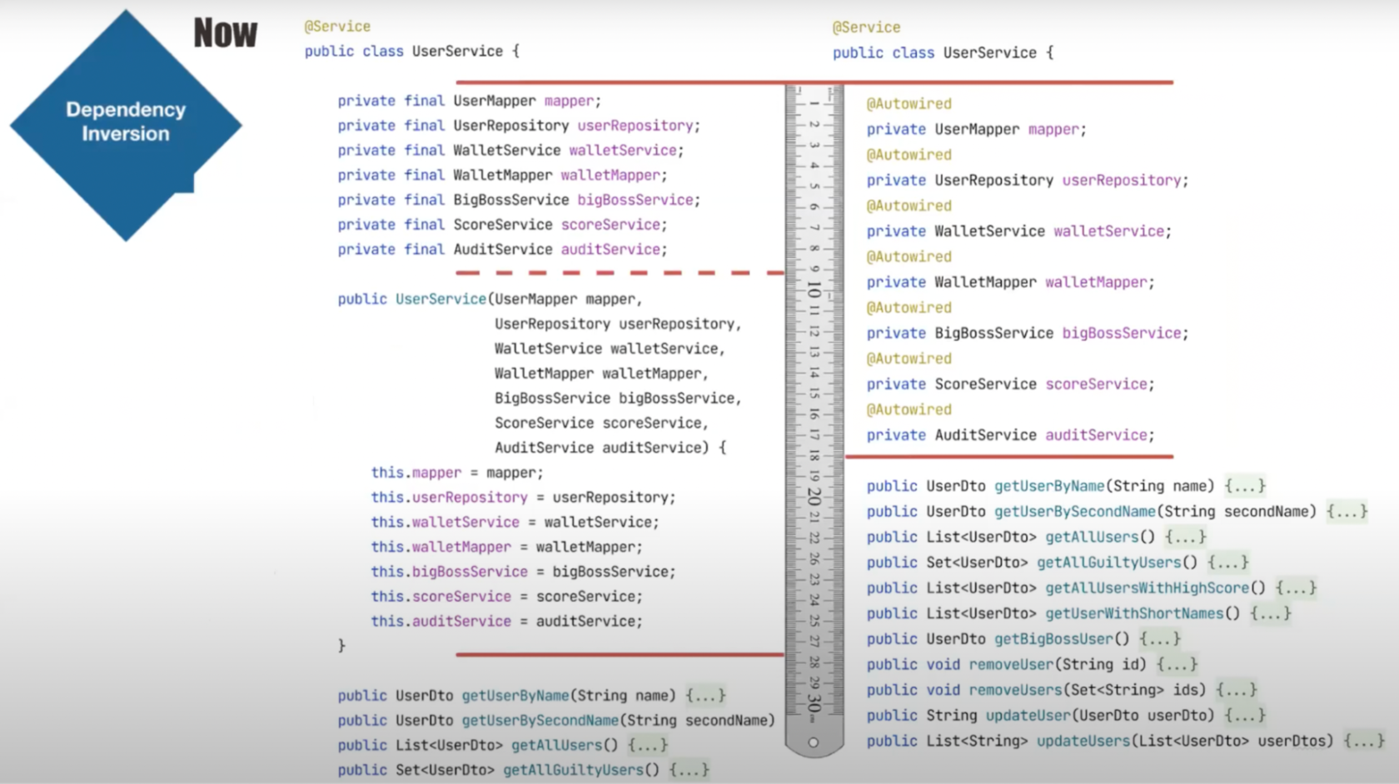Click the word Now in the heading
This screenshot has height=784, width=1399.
point(226,33)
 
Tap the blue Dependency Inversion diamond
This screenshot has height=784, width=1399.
point(126,125)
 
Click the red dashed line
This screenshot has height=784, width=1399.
point(620,273)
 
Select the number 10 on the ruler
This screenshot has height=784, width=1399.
point(814,290)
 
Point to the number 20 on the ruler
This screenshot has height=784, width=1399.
point(814,498)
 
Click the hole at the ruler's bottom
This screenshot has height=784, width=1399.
point(813,742)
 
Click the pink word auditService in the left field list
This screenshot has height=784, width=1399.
point(610,250)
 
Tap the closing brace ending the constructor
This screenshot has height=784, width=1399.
point(341,646)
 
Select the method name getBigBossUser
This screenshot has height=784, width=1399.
point(1053,639)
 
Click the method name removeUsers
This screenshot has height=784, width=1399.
point(1016,690)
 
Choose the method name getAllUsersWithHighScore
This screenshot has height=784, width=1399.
point(1147,588)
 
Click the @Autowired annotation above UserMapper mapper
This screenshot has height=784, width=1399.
point(909,103)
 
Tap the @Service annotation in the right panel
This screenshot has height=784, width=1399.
point(866,27)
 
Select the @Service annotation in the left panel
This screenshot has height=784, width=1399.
point(337,27)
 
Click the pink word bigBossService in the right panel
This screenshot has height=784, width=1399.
point(1122,333)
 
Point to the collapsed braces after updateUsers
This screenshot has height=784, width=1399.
point(1364,741)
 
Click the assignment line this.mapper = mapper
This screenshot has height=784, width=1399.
point(457,473)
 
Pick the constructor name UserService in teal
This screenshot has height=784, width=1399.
point(441,299)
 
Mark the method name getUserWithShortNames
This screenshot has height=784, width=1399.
point(1134,613)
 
